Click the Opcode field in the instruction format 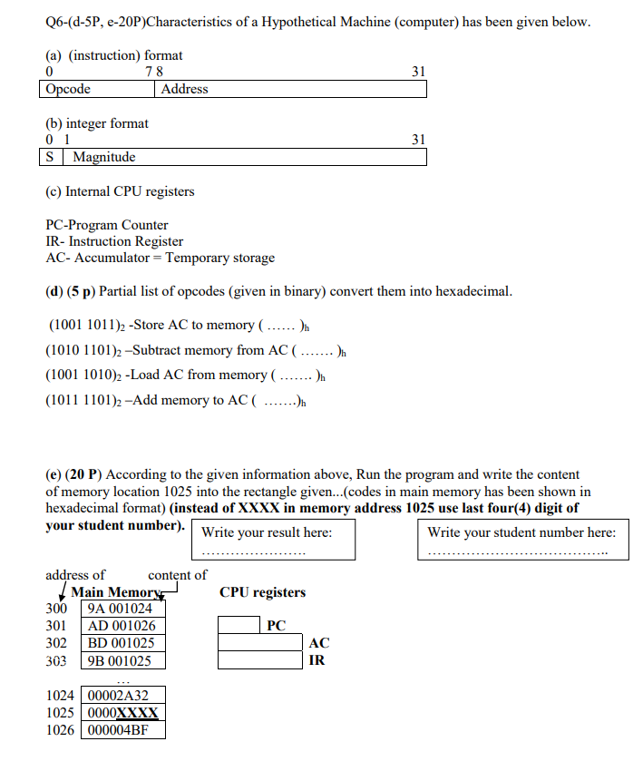[99, 89]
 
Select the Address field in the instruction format [291, 89]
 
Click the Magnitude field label [104, 157]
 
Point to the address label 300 [56, 609]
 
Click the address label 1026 [61, 730]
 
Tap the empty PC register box [240, 625]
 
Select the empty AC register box [261, 642]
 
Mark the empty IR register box [261, 659]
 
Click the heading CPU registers [262, 592]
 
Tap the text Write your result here [267, 532]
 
